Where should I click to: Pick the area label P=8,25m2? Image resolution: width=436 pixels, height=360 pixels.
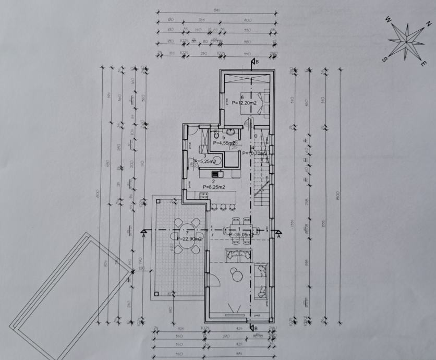tap(214, 187)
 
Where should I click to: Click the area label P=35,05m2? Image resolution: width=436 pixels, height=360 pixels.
tap(241, 235)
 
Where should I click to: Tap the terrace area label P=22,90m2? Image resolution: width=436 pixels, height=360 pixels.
tap(189, 238)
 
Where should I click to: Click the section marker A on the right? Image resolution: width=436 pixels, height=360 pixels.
tap(279, 235)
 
